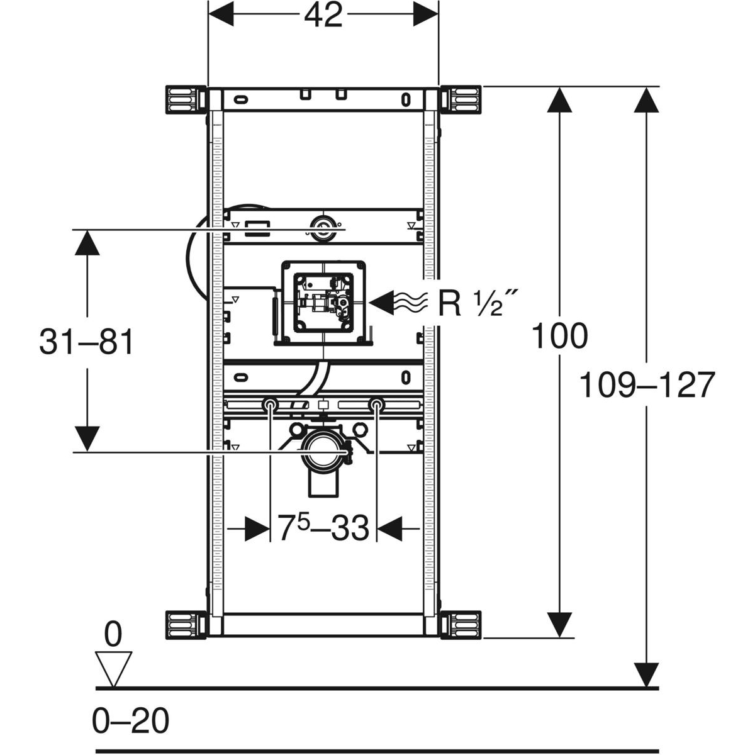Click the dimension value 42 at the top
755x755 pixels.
coord(323,16)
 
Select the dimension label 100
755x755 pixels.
coord(559,336)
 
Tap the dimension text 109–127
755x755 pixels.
coord(647,385)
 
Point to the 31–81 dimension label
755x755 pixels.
coord(87,344)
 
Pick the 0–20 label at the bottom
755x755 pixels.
coord(131,720)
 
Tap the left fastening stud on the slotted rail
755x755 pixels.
coord(271,405)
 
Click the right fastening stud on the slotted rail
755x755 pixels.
coord(376,405)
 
